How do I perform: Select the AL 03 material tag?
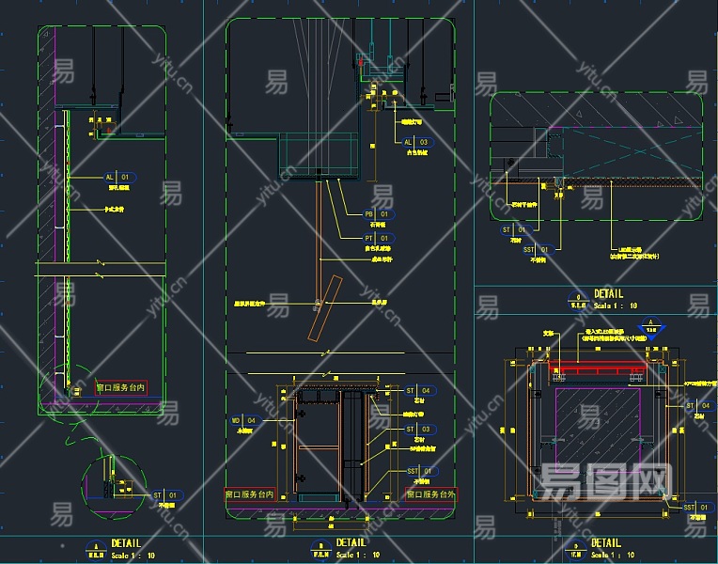click(x=415, y=142)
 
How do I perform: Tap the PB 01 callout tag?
click(x=376, y=214)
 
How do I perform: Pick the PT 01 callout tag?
click(x=376, y=239)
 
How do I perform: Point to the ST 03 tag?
click(x=417, y=429)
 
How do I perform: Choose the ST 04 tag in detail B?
click(x=417, y=390)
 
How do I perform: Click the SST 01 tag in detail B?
click(x=417, y=470)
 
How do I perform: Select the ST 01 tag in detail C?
click(x=513, y=228)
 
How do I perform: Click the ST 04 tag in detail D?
click(x=697, y=405)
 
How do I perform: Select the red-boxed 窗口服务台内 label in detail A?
click(x=121, y=387)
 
